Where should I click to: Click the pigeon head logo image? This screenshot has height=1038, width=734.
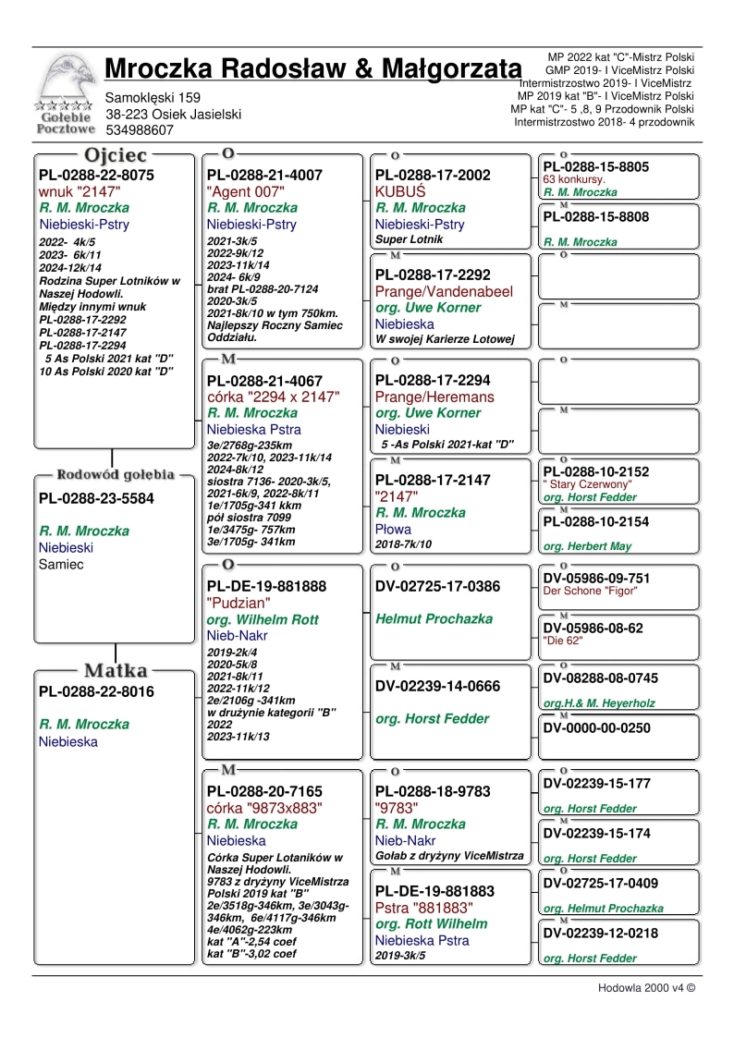point(64,79)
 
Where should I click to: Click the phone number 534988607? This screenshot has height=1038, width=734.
point(140,130)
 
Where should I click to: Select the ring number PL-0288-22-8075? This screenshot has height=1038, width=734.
point(96,175)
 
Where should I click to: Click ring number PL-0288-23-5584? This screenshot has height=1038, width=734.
point(96,499)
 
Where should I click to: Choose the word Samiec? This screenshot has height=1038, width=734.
point(61,564)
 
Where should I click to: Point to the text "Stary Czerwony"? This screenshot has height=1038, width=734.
point(588,484)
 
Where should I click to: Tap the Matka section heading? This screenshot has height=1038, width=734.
point(117,670)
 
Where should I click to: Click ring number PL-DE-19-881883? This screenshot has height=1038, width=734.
point(434,891)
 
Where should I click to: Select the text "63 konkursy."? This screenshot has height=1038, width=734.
point(574,179)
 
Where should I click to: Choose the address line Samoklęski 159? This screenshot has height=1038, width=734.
point(153,97)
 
